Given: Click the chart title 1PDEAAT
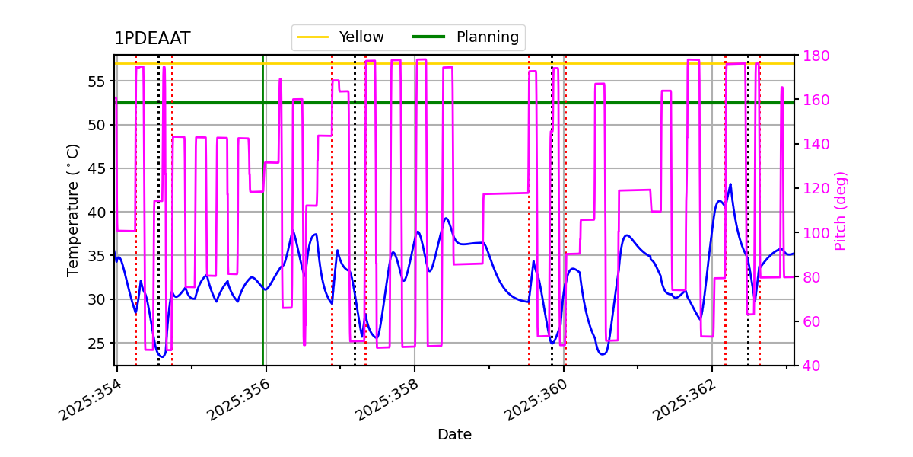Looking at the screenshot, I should tap(152, 39).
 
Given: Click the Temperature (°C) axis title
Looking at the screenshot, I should tap(74, 210).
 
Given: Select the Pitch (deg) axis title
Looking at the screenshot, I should tap(841, 210).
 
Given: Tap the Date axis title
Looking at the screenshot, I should tap(454, 435).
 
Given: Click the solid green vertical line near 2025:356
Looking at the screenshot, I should tap(263, 228).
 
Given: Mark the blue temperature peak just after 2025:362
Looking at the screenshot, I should tap(730, 184).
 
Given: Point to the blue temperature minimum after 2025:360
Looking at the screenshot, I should tap(602, 354).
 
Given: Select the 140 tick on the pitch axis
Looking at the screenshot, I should tap(813, 144).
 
